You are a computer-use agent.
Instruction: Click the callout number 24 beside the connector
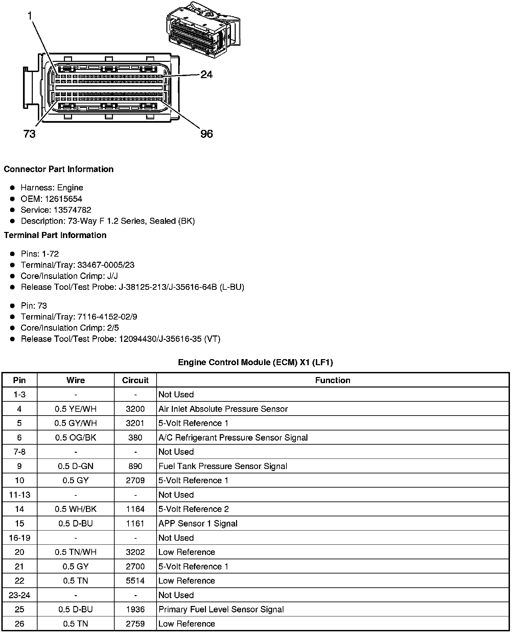[206, 74]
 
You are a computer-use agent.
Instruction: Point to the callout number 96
[207, 134]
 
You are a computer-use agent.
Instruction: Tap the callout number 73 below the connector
[29, 134]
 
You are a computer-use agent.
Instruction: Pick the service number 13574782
[72, 210]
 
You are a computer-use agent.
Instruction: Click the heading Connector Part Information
[59, 169]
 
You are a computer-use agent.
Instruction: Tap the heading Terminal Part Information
[55, 235]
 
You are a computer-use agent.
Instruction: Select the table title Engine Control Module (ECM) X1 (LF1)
[255, 362]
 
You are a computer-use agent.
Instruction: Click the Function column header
[332, 380]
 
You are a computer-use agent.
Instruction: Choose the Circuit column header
[135, 380]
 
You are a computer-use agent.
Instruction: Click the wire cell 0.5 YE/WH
[75, 409]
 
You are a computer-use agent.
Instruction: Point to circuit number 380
[135, 438]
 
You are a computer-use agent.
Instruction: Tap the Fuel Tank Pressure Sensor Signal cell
[223, 466]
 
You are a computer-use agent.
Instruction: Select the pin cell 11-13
[19, 495]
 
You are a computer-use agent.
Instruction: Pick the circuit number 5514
[135, 581]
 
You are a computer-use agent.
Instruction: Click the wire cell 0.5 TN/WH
[75, 552]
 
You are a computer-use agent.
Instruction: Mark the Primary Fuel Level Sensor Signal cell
[221, 609]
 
